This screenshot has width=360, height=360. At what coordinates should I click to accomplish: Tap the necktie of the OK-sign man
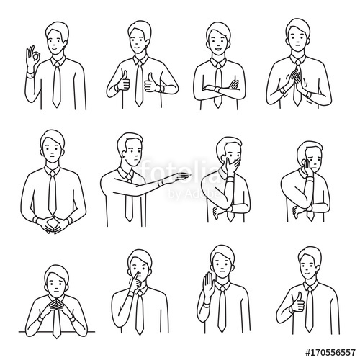coord(56,85)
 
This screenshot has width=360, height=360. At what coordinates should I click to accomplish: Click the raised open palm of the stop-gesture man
coord(208,285)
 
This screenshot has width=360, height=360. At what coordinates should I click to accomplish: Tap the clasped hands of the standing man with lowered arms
coord(53,225)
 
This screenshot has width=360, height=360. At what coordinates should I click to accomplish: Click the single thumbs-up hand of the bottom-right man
coord(296,303)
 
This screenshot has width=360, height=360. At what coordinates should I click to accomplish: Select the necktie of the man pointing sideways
coord(128,198)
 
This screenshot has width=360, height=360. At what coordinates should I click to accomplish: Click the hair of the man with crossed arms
coord(217,30)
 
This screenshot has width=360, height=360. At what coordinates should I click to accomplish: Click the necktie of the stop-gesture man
coord(223,306)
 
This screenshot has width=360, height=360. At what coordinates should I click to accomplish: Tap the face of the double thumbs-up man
coord(139,43)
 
